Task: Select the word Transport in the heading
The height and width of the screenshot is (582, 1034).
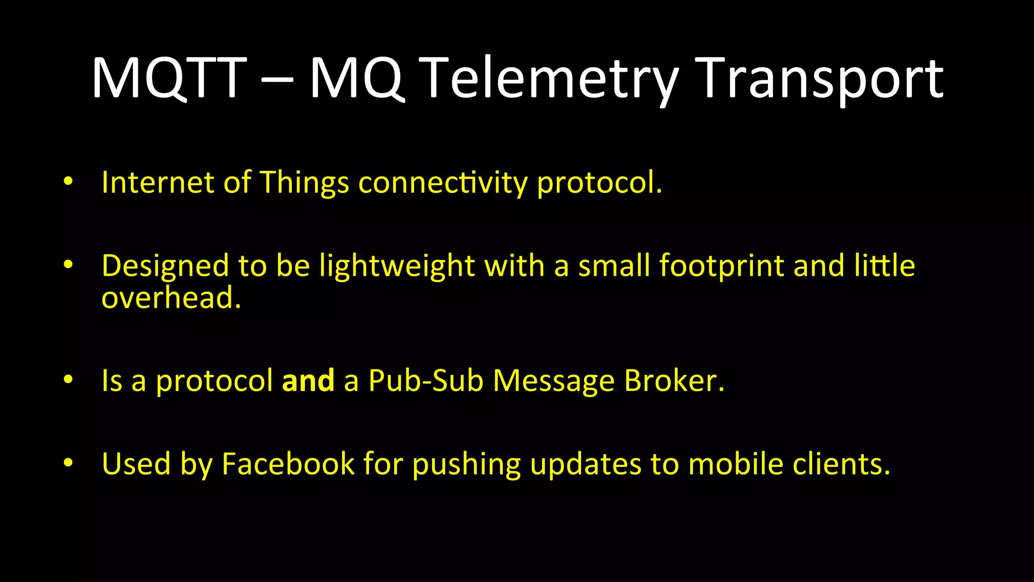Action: (819, 78)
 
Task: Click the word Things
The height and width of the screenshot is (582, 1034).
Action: (304, 183)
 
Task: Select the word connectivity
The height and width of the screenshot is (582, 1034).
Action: (443, 183)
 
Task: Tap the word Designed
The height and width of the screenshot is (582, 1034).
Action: (165, 266)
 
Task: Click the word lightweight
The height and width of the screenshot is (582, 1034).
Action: (397, 266)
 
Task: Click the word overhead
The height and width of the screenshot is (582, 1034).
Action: (171, 298)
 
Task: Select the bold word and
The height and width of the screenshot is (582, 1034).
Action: (308, 380)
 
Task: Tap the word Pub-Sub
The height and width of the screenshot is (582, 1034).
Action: (426, 380)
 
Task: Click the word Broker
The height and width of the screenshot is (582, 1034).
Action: (674, 380)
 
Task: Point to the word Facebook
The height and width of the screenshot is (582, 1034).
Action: (288, 464)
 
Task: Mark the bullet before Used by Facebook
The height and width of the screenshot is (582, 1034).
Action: (68, 462)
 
